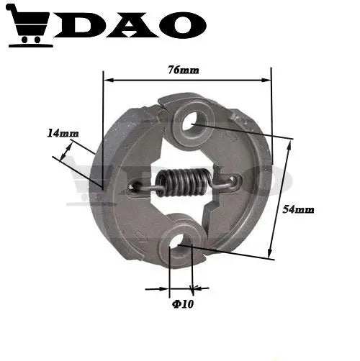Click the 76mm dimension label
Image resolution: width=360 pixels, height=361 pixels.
click(x=184, y=70)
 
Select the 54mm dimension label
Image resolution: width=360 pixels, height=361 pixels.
click(x=299, y=209)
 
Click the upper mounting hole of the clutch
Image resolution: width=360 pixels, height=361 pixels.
click(x=191, y=122)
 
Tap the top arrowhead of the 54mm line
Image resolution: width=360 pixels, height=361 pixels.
click(x=289, y=140)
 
